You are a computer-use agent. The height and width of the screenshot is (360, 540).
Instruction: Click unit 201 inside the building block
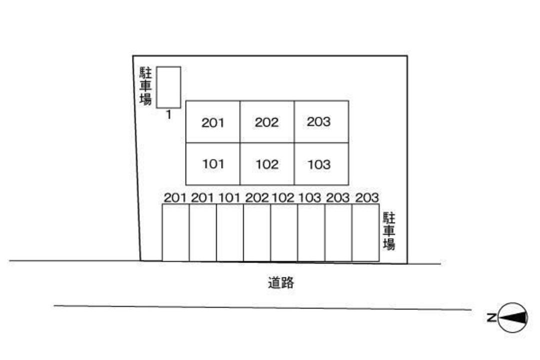point(213,122)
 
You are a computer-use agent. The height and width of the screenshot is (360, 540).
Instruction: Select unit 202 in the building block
point(267,122)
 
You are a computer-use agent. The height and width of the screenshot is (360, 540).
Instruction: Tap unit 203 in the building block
point(321,122)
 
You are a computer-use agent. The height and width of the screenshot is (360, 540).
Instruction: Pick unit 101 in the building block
point(213,164)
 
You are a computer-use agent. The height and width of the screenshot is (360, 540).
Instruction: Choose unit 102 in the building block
point(267,164)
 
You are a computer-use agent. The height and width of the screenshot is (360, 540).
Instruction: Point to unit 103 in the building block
point(321,164)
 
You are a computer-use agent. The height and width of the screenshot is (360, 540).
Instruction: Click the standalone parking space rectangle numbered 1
point(168,87)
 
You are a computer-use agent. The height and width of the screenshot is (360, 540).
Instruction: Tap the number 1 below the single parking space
point(168,114)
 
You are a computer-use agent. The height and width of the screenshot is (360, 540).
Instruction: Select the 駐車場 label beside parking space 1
point(145,86)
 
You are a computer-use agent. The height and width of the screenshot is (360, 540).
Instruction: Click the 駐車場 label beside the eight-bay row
point(389,231)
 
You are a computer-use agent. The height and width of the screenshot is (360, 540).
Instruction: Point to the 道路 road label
point(281,283)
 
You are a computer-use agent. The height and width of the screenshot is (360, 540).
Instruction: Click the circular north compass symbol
point(513,317)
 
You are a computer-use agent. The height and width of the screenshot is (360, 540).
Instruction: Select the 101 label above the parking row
point(229,197)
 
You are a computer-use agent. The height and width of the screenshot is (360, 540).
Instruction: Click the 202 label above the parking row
point(256,197)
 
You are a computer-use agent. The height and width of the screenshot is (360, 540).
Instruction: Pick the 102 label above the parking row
point(283,197)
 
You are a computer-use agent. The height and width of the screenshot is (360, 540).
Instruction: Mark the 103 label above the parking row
point(309,197)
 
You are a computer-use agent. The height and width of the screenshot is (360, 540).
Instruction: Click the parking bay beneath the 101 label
point(230,233)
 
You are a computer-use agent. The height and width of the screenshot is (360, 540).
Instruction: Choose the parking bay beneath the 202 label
point(257,233)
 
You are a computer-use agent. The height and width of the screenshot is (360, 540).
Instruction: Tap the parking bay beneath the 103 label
point(311,233)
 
